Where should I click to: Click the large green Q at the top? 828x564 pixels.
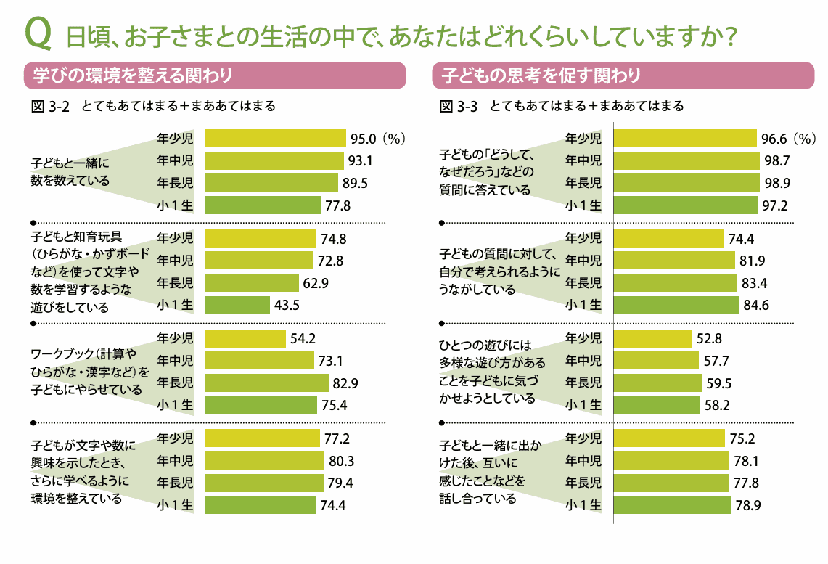pyautogui.click(x=39, y=33)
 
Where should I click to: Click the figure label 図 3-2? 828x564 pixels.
pyautogui.click(x=50, y=106)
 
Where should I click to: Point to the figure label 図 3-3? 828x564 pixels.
pyautogui.click(x=458, y=106)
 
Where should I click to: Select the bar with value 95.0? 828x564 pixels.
pyautogui.click(x=276, y=138)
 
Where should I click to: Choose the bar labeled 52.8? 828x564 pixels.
pyautogui.click(x=652, y=338)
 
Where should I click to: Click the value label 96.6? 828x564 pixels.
pyautogui.click(x=774, y=138)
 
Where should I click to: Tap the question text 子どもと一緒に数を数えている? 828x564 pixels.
pyautogui.click(x=70, y=172)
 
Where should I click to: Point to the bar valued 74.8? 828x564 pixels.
pyautogui.click(x=261, y=238)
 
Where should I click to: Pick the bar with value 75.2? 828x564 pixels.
pyautogui.click(x=669, y=438)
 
